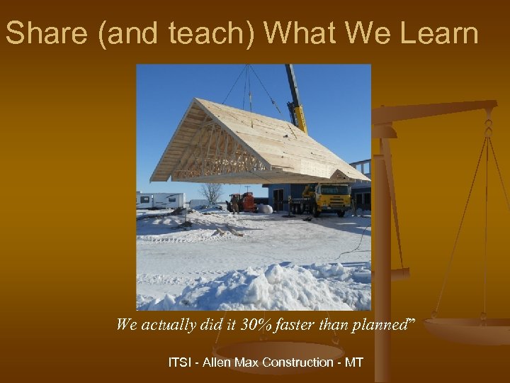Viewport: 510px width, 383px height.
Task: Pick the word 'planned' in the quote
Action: [378, 325]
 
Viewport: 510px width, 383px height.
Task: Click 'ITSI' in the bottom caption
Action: [181, 362]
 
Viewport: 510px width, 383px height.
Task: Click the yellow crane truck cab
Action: [333, 195]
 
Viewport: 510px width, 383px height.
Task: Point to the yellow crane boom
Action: [296, 99]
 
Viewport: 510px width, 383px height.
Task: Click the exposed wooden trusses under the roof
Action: [212, 152]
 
